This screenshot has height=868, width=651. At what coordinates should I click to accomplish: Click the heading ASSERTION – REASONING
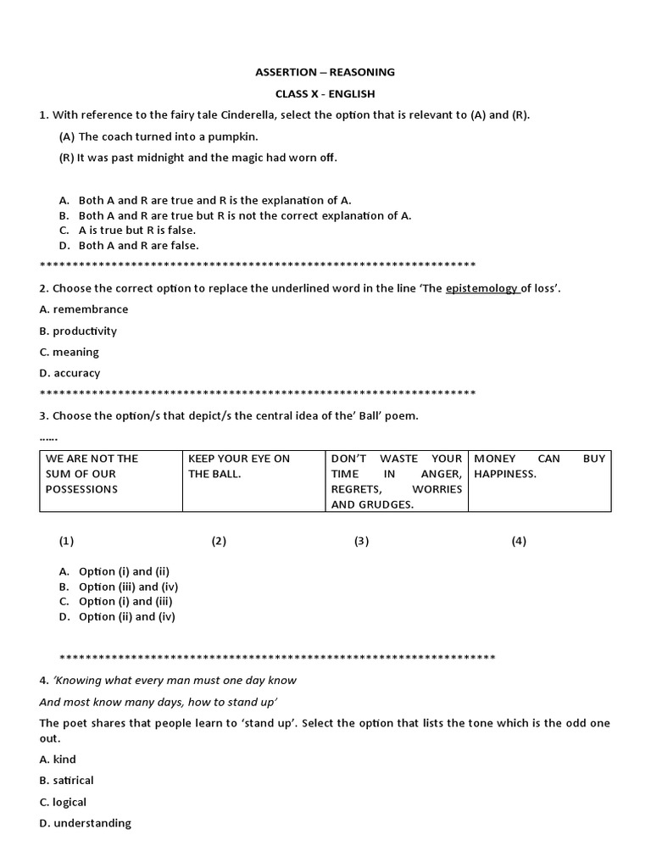tap(325, 72)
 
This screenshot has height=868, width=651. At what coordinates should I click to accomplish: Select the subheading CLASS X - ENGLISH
tap(325, 93)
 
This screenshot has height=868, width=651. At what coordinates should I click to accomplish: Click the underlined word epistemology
tap(481, 288)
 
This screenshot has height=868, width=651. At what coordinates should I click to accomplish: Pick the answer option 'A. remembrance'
tap(84, 309)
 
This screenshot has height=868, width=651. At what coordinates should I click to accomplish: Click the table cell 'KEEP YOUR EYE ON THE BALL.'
tap(253, 481)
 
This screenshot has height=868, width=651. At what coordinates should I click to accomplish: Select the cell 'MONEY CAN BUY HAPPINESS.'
tap(539, 481)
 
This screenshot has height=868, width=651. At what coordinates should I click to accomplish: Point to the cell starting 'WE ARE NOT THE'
tap(111, 481)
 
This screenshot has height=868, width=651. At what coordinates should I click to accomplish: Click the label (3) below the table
tap(362, 541)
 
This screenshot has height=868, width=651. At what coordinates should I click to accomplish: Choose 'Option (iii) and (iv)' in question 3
tap(128, 587)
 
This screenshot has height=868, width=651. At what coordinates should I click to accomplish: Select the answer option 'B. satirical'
tap(66, 780)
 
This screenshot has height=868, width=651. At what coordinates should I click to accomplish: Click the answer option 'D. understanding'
tap(85, 823)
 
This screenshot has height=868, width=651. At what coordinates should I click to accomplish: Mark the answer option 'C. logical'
tap(63, 802)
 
